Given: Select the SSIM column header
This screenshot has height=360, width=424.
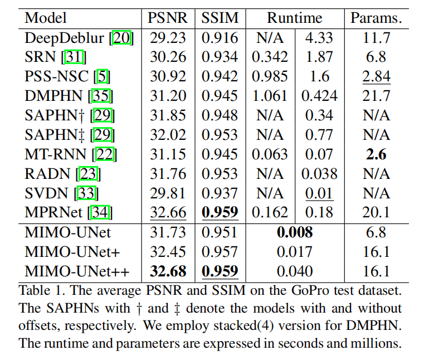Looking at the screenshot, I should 220,18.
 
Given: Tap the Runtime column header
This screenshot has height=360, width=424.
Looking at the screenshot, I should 294,18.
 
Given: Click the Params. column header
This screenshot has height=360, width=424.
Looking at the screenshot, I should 376,18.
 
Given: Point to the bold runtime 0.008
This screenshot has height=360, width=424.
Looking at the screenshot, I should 294,232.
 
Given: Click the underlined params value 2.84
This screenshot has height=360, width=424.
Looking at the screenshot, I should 376,76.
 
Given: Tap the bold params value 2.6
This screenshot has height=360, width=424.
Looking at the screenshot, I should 376,154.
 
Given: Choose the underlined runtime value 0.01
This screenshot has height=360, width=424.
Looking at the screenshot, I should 319,193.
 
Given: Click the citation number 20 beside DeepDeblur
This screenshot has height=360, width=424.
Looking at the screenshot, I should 122,38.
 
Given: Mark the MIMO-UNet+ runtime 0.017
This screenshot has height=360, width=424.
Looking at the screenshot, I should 294,252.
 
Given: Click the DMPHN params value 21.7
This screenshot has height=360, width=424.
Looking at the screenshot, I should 376,96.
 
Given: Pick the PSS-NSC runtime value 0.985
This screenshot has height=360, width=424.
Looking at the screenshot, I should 270,76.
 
